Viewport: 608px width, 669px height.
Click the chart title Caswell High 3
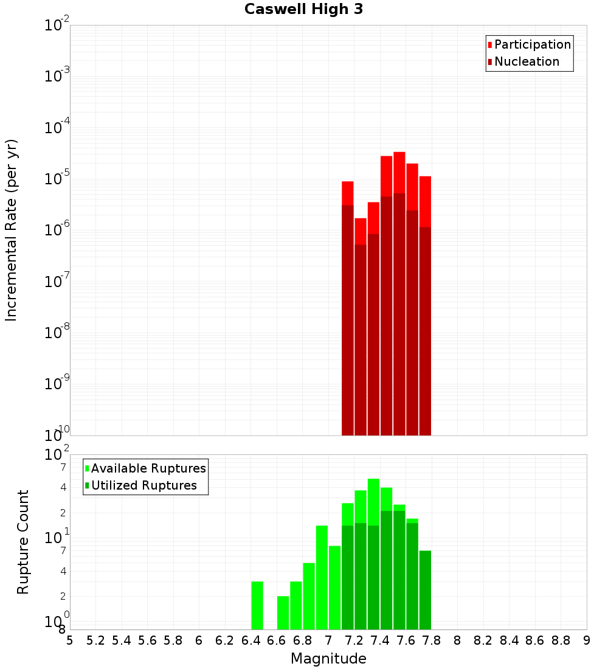click(303, 10)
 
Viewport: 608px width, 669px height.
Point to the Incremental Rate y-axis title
click(12, 230)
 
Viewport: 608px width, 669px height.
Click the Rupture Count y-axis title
click(23, 542)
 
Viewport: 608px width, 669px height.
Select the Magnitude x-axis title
click(328, 659)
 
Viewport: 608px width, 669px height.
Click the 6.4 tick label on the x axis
click(250, 640)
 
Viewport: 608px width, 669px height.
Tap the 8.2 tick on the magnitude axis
click(483, 640)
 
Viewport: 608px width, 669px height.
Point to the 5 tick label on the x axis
click(70, 640)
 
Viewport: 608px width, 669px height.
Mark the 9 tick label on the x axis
click(587, 640)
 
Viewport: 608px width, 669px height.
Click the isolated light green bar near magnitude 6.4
click(257, 605)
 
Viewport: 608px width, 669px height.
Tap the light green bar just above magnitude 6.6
click(283, 612)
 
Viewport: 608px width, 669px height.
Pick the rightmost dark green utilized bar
click(425, 590)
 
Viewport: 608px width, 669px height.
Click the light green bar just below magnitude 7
click(322, 578)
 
